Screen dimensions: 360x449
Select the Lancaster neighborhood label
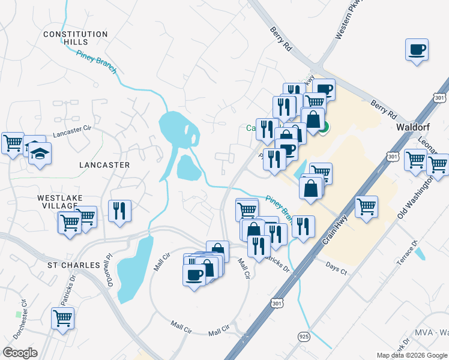pos(104,164)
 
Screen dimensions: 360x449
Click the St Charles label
pos(74,265)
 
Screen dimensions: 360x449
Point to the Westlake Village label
pos(59,201)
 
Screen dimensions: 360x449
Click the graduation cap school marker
pos(40,153)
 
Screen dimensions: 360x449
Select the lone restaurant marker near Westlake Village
pos(119,211)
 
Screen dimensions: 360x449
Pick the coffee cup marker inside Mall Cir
pos(193,275)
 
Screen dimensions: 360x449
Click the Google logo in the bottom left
pos(19,353)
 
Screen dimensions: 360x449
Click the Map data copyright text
pos(412,355)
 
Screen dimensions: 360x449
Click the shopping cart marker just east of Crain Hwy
pos(366,207)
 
